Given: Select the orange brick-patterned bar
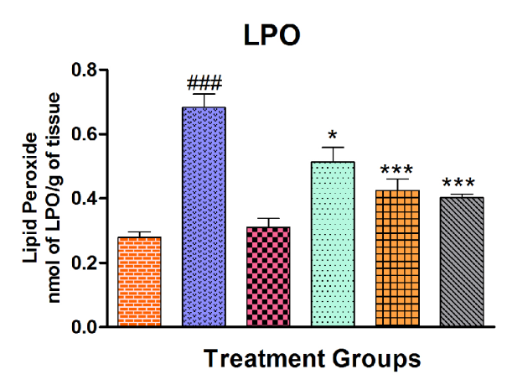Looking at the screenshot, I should (x=139, y=282).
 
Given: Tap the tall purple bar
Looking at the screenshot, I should (x=204, y=216).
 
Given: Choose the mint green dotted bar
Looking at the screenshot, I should (x=333, y=243).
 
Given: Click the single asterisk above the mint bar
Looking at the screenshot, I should (x=333, y=136).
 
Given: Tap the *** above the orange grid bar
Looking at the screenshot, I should (x=397, y=167).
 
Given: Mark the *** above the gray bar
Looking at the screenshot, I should (x=462, y=185).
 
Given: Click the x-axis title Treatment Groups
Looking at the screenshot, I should (x=312, y=359).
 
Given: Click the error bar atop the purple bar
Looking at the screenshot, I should (x=204, y=100).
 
